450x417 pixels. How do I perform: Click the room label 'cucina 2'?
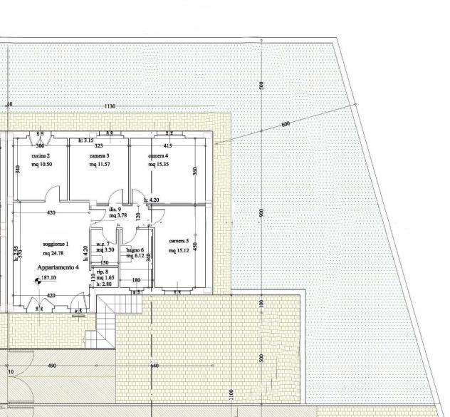click(41, 155)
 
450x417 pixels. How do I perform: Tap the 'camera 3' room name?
click(99, 155)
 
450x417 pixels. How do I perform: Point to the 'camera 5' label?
click(179, 241)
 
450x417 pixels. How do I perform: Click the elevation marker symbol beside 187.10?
click(36, 281)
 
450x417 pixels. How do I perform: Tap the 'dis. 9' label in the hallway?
click(115, 209)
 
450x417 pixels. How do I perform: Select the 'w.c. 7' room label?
click(104, 243)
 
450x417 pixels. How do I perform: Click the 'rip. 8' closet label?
click(103, 272)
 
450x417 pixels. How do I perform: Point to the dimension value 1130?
click(109, 106)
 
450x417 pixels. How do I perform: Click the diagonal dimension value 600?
click(286, 124)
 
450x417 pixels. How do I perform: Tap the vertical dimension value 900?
click(262, 212)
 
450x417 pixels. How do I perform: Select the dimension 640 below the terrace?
click(155, 366)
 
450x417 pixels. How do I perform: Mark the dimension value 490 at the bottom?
click(52, 366)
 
